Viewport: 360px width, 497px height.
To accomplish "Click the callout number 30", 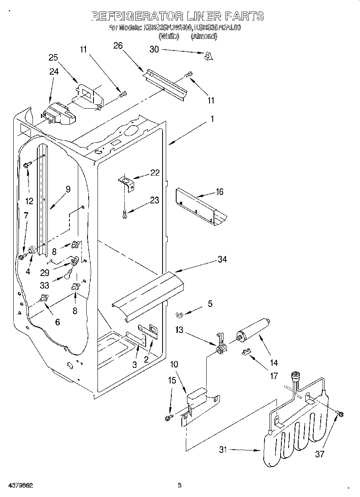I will coord(154,49).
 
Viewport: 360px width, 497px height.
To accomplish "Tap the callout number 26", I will coord(118,45).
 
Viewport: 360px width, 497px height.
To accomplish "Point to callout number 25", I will coord(54,57).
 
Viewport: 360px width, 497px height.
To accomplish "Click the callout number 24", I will coord(54,72).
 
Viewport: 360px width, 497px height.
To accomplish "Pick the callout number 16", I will coord(219,192).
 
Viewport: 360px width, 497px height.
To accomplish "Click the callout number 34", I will coord(222,260).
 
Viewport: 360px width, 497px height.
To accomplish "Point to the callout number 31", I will coord(223,450).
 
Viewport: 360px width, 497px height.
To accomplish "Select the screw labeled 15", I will coord(167,418).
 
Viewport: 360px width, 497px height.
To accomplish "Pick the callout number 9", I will coord(68,189).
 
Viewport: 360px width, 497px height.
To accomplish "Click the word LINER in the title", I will coord(199,16).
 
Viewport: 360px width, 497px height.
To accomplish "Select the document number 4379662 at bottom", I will coord(20,485).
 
